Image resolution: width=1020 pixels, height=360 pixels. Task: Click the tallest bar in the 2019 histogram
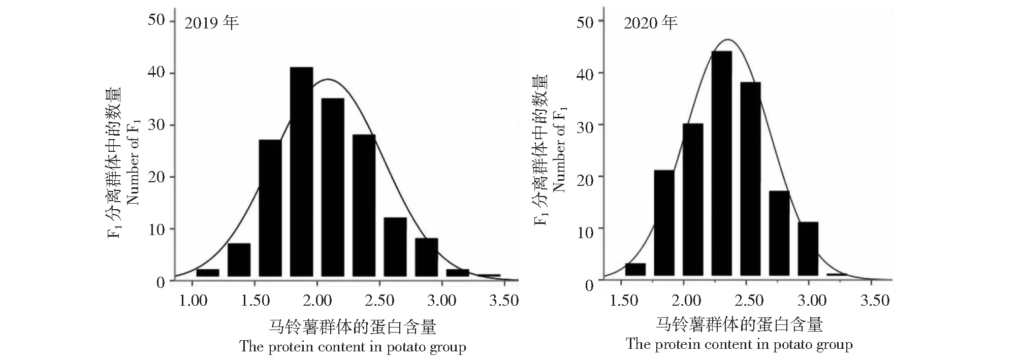[x=301, y=172]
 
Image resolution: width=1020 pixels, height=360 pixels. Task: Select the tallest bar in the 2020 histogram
[x=721, y=163]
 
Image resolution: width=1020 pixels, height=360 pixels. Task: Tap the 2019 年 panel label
[x=211, y=23]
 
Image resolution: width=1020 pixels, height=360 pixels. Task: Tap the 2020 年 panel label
[x=651, y=23]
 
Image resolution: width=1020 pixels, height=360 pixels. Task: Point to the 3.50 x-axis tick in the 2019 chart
[x=503, y=300]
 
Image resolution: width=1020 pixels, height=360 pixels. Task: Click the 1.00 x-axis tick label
[x=193, y=300]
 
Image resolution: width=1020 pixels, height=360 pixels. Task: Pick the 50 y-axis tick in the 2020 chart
[x=585, y=22]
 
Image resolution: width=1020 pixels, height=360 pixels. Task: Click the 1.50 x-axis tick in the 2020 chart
[x=623, y=300]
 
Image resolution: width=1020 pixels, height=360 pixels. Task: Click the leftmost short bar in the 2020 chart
[x=635, y=270]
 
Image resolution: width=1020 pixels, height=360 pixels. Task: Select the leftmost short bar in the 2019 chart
[x=207, y=273]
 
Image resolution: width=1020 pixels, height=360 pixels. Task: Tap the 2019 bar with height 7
[x=239, y=260]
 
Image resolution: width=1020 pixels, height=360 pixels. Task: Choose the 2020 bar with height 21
[x=664, y=223]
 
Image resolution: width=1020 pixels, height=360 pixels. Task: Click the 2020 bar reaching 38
[x=750, y=179]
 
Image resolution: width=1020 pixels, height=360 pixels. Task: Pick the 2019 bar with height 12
[x=395, y=247]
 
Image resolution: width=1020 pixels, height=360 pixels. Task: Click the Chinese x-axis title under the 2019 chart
[x=353, y=326]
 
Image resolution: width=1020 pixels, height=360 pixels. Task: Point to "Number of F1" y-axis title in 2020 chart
[x=559, y=150]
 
